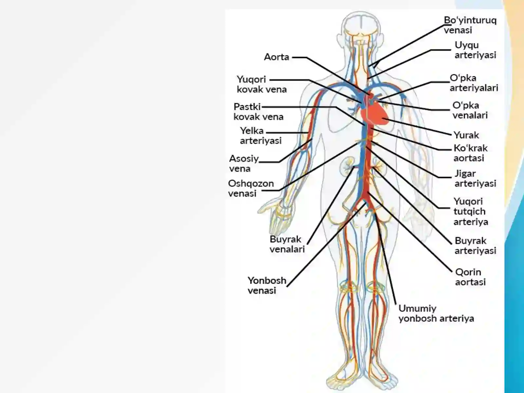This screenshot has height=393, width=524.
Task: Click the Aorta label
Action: coord(276,57)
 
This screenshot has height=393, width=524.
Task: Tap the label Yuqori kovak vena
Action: coord(262,84)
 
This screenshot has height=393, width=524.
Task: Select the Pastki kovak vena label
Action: coord(258,112)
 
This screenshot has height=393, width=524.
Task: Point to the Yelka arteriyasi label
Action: coord(261,136)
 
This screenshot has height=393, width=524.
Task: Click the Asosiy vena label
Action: coord(244,163)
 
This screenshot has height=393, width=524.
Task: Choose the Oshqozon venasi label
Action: coord(251,188)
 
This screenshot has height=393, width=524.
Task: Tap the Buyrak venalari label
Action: coord(287,244)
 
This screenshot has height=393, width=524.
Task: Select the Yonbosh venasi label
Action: coord(267,285)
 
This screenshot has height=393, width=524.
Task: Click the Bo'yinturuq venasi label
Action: coord(470,25)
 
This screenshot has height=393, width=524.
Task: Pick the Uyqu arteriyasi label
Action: coord(475,50)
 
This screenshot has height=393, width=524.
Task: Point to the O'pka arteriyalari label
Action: coord(474,83)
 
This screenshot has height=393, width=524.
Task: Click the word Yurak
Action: coord(466,135)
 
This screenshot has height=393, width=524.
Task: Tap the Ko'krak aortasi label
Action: coord(470,153)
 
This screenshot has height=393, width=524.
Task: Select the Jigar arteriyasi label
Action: coord(475,178)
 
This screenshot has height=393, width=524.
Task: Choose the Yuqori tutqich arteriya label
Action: coord(471,212)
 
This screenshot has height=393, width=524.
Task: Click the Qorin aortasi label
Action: coord(470,277)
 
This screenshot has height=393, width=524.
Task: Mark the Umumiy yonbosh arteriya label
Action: coord(436,313)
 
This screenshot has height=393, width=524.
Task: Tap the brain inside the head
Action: coord(361,24)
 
